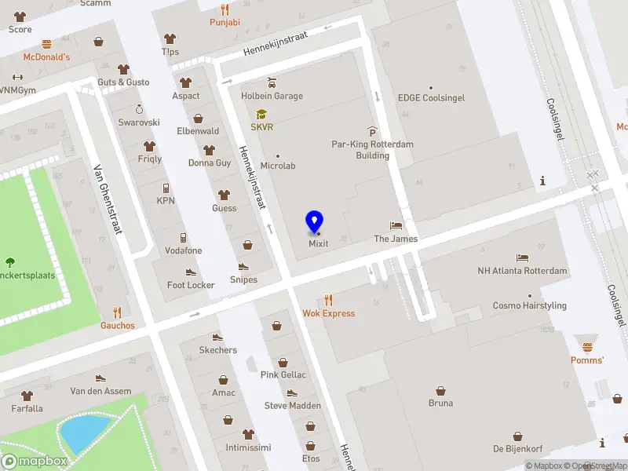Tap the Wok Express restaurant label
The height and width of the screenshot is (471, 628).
(x=328, y=313)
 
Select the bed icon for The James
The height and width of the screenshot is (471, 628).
(x=396, y=226)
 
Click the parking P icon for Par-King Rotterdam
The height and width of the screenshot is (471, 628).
(x=372, y=132)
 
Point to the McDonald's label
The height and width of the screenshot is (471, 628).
(x=46, y=57)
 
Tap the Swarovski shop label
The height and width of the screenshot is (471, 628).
(x=139, y=122)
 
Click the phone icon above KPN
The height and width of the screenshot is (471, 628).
(x=166, y=188)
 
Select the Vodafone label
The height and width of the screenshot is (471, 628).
(x=183, y=250)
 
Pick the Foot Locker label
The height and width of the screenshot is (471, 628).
(x=191, y=285)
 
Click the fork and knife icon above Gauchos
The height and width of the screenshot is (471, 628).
(x=118, y=312)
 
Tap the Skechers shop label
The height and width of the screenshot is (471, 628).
(x=217, y=350)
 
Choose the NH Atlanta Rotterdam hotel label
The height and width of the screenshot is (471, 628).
(x=522, y=271)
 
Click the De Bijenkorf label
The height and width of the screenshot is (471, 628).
(x=519, y=449)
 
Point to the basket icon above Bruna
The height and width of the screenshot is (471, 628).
(x=440, y=391)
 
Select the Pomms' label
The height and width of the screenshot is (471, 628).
(x=587, y=360)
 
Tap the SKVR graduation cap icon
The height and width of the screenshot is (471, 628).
(x=261, y=114)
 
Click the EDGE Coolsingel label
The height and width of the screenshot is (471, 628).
(x=431, y=98)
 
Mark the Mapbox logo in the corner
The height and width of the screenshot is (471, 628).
(x=35, y=461)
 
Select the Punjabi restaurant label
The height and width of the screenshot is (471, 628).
(x=225, y=23)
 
